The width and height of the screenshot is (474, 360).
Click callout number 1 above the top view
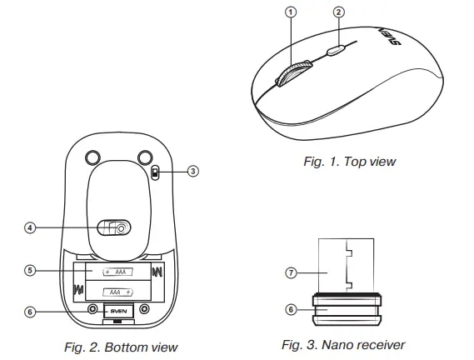click(x=291, y=12)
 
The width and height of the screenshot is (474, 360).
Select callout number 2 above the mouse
click(x=338, y=12)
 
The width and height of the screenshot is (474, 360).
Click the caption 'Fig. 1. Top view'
click(x=349, y=161)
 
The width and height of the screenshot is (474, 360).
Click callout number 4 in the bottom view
click(x=29, y=227)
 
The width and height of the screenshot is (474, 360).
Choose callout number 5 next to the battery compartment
click(x=29, y=271)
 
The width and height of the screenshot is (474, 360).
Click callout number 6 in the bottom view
click(x=29, y=312)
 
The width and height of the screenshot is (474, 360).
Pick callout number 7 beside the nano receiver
click(x=291, y=272)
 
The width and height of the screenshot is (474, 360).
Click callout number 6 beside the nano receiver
click(x=291, y=308)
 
